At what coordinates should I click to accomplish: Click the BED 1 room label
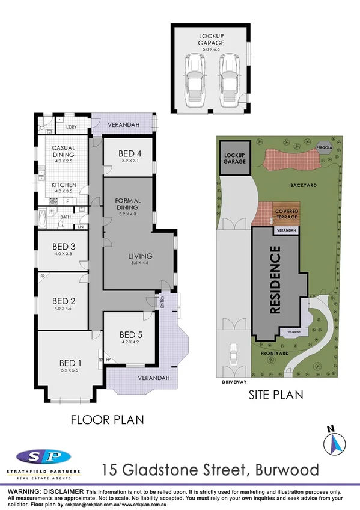tap(70, 363)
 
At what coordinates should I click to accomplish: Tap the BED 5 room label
tap(130, 335)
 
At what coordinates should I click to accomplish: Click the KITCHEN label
tap(63, 185)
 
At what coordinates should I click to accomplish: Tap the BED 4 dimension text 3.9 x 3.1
tap(130, 161)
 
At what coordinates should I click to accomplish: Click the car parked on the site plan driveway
tap(232, 357)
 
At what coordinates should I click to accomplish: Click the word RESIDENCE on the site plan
tap(276, 280)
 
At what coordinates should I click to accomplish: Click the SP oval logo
tap(43, 459)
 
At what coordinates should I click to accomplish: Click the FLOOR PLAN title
tap(107, 419)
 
